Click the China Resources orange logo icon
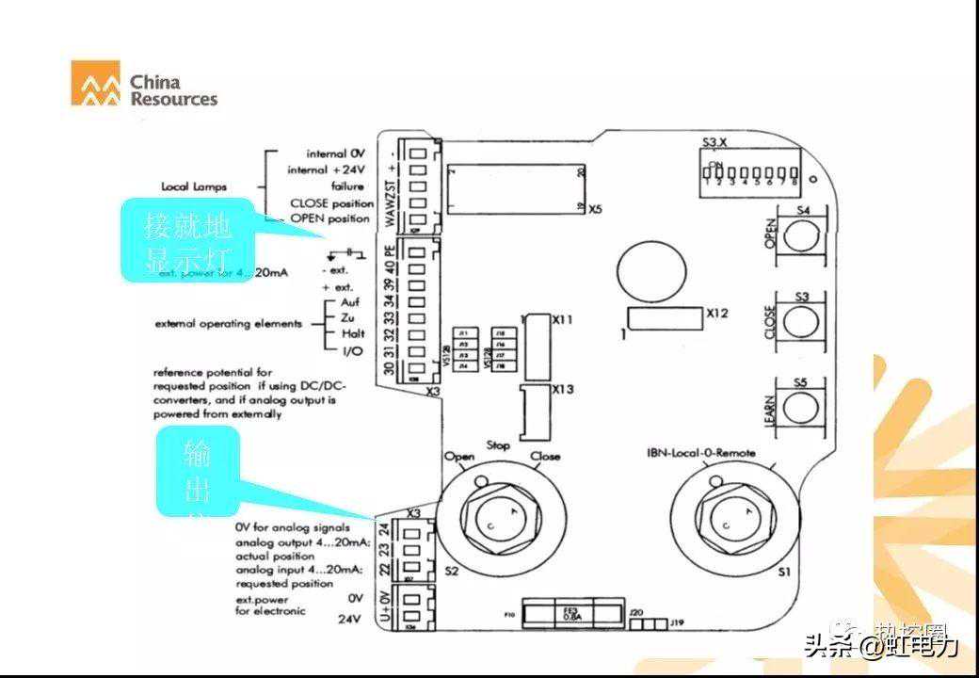[96, 83]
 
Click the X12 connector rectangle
[665, 318]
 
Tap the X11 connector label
[563, 320]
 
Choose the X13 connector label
[563, 390]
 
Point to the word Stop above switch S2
[499, 444]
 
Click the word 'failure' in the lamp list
[346, 186]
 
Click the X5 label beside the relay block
[594, 209]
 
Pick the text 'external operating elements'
[229, 324]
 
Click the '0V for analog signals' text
[292, 527]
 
